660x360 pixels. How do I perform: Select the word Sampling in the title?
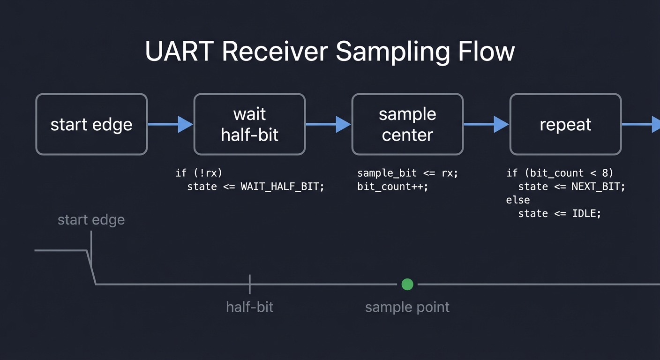point(392,51)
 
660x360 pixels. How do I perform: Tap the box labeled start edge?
point(91,124)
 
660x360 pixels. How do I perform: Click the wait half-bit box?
point(249,124)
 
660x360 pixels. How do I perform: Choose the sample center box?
point(407,124)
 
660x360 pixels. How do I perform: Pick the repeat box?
point(565,124)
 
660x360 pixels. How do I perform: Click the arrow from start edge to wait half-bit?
point(170,124)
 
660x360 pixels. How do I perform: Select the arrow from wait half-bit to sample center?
point(328,124)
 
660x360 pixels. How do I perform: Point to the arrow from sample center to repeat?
point(486,124)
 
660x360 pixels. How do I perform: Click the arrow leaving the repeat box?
point(641,124)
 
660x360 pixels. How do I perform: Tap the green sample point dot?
point(407,284)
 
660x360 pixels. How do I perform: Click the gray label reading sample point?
point(407,307)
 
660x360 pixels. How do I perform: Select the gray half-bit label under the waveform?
point(249,307)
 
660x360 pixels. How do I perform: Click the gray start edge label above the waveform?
point(91,220)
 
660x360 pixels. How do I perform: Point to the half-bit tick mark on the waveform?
point(250,284)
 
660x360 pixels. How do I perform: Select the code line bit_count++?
point(393,187)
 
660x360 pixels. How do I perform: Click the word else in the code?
point(518,200)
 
